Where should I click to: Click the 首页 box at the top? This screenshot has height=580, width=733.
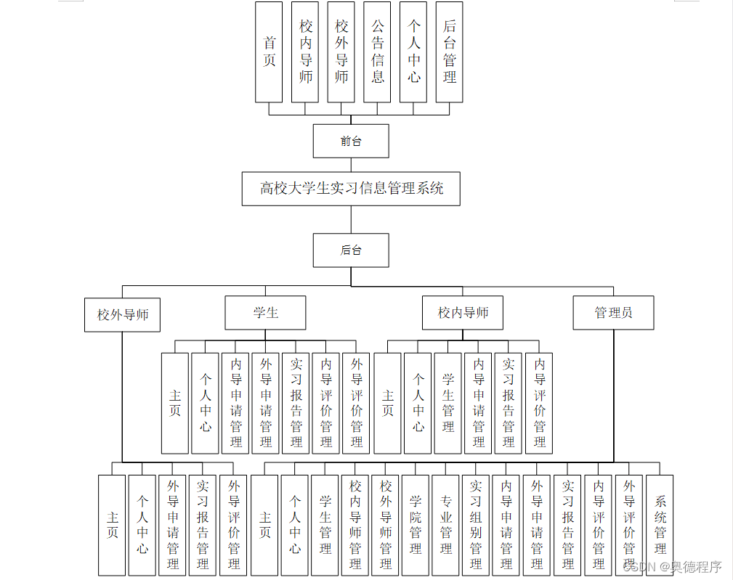[269, 52]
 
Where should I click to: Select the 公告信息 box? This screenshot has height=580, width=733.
[377, 52]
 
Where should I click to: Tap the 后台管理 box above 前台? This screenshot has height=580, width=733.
[449, 52]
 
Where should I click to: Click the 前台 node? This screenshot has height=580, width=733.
[351, 141]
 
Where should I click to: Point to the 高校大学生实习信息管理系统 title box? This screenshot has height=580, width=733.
[351, 189]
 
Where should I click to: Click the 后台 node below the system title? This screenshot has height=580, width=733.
[351, 250]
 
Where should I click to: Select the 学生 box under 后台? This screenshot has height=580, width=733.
[265, 313]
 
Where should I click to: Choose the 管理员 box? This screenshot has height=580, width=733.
[613, 313]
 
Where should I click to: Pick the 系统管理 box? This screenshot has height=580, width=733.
[660, 525]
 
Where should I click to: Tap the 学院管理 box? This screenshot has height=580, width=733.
[416, 525]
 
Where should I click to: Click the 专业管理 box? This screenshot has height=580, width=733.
[445, 525]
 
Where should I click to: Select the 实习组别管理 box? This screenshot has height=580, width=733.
[476, 525]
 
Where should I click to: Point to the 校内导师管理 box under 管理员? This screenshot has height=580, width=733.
[355, 525]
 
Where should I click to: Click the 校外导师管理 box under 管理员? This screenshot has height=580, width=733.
[386, 525]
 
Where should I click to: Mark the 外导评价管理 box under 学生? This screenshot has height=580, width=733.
[356, 403]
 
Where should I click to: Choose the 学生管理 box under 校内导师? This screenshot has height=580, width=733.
[448, 403]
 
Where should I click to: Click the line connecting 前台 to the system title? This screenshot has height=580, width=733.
[351, 165]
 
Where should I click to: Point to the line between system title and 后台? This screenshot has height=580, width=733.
[351, 220]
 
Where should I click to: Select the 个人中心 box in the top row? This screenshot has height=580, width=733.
[413, 52]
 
